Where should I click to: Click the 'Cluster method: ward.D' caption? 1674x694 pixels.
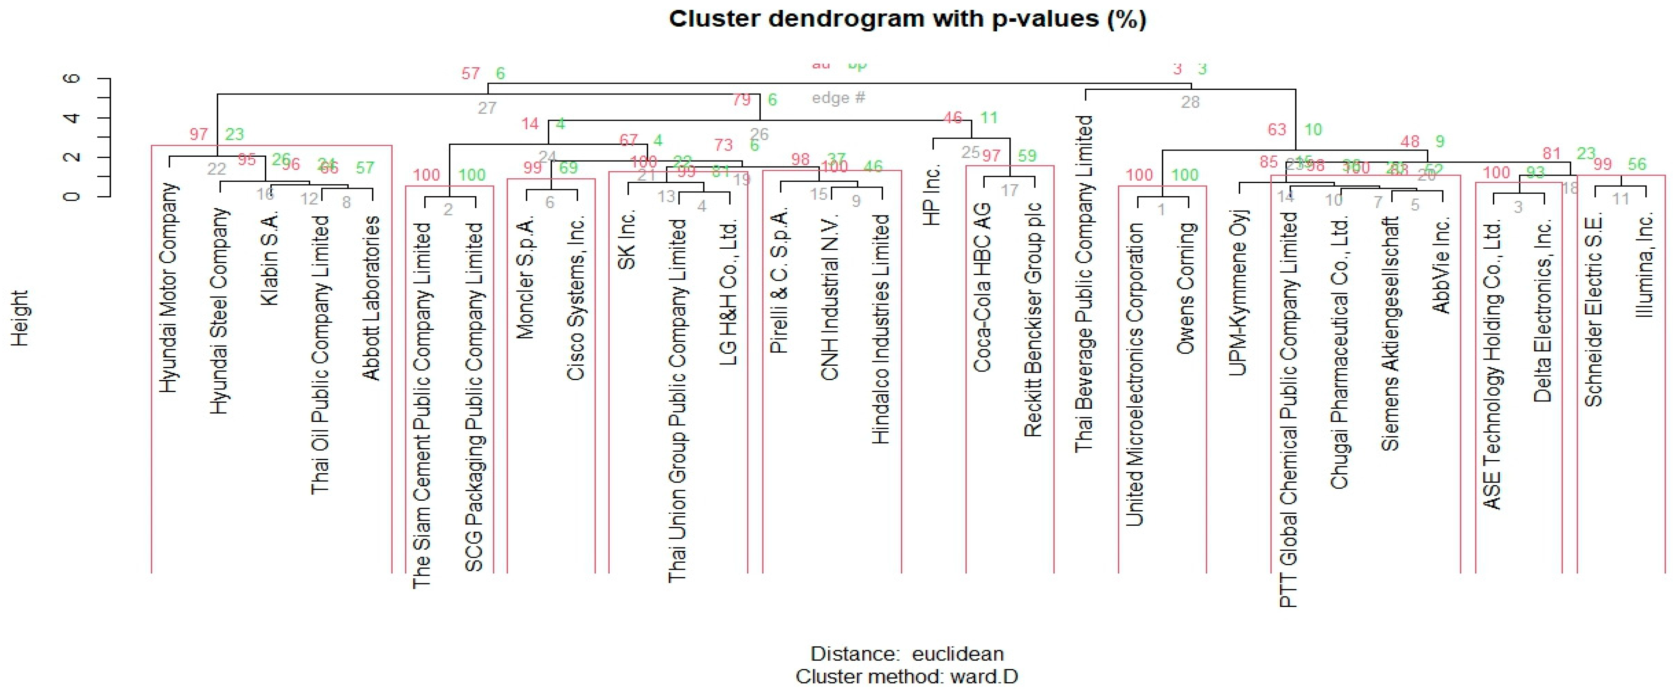tap(906, 676)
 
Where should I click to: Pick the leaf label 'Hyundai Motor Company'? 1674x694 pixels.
tap(168, 287)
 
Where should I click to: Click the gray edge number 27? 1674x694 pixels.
tap(487, 108)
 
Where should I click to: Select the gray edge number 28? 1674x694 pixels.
tap(1190, 102)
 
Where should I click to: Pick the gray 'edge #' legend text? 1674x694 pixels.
tap(838, 98)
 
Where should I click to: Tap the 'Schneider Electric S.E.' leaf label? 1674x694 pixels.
tap(1594, 311)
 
